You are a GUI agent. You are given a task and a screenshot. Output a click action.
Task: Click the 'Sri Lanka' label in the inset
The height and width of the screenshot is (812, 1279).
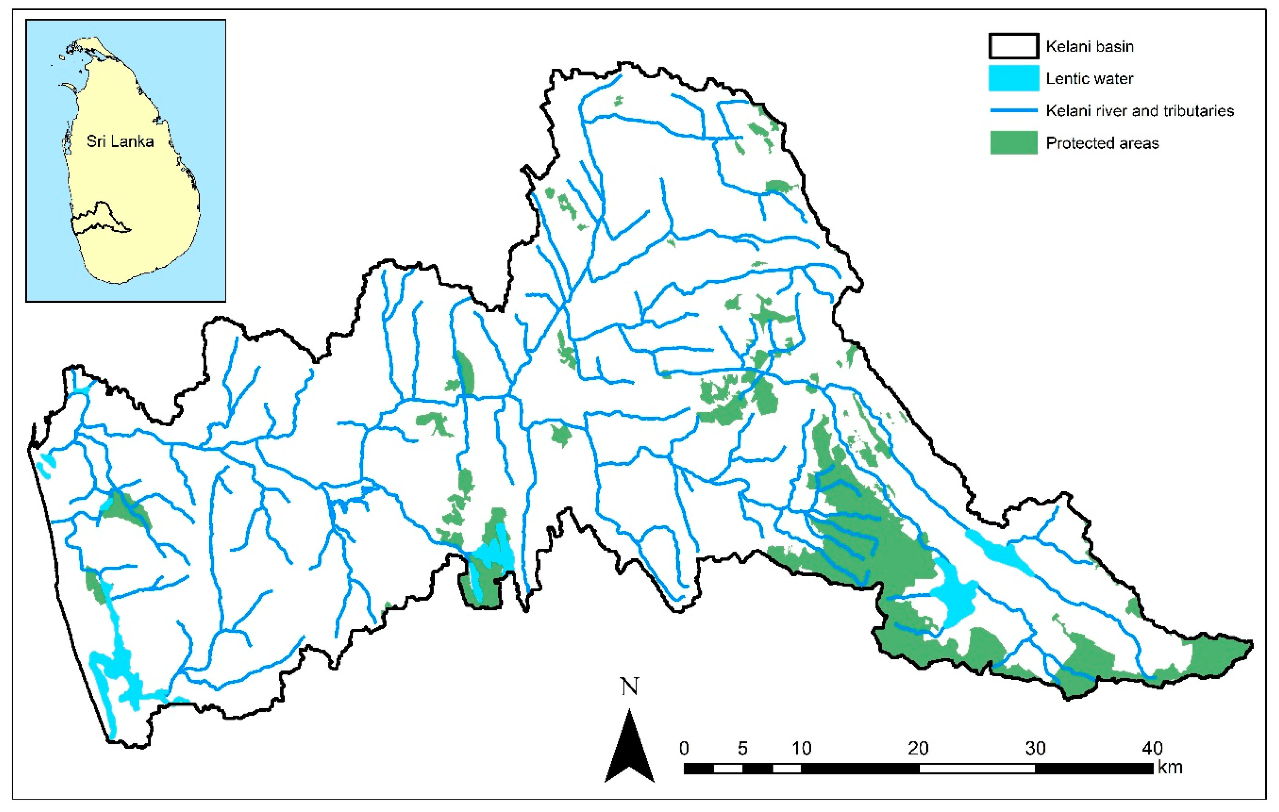click(120, 142)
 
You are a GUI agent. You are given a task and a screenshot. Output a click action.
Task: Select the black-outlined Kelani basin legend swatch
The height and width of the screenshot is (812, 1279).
click(1013, 46)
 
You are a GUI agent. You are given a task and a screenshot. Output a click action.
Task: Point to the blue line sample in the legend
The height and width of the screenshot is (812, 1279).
click(1013, 110)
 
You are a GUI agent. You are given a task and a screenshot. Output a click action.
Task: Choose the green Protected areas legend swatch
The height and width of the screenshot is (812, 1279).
click(1013, 143)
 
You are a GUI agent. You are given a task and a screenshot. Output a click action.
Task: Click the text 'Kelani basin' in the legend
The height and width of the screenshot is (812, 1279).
click(1089, 47)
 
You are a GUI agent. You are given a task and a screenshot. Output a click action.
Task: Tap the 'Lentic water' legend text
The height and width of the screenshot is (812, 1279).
click(1089, 79)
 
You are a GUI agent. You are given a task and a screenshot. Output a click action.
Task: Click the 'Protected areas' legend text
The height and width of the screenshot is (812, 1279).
click(1102, 143)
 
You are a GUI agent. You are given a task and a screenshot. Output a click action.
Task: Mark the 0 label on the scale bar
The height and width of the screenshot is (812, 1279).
click(684, 748)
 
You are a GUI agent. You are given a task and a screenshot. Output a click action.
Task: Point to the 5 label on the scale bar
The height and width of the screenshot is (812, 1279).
click(742, 748)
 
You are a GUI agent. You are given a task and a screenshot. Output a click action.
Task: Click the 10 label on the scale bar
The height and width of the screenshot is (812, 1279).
click(802, 748)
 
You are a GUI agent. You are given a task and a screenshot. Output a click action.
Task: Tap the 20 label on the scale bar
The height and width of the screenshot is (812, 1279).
click(918, 748)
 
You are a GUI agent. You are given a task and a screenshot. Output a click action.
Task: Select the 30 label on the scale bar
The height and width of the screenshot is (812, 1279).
click(1035, 748)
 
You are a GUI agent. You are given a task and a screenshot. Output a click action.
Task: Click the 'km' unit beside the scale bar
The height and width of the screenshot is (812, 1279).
click(1170, 768)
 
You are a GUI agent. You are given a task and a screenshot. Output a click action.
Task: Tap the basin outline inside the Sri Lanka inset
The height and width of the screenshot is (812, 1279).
click(101, 218)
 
